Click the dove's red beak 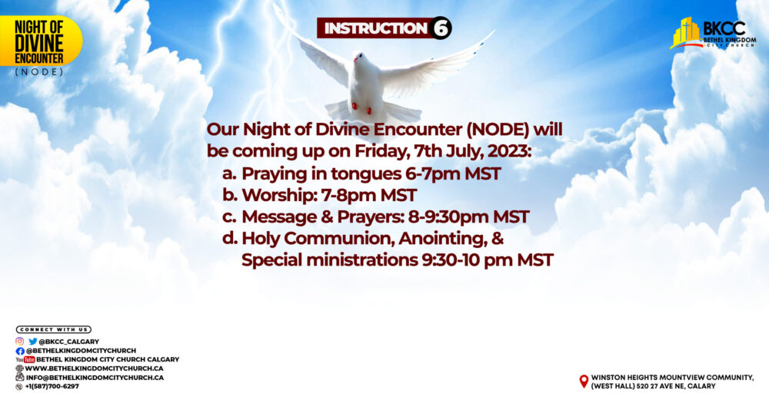point(357,59)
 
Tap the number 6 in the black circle point(441,28)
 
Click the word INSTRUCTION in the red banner point(376,28)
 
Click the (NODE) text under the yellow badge point(39,72)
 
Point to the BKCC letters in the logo point(724,28)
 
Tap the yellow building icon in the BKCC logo point(685,32)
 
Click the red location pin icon point(584,382)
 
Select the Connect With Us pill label point(54,329)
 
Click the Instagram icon point(20,342)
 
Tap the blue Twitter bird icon point(33,342)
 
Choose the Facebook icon point(20,351)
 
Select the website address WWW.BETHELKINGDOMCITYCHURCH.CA point(94,368)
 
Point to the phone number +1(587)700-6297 point(52,386)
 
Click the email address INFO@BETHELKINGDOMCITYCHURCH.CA point(95,378)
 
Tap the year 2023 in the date point(509,151)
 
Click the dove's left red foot point(354,105)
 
